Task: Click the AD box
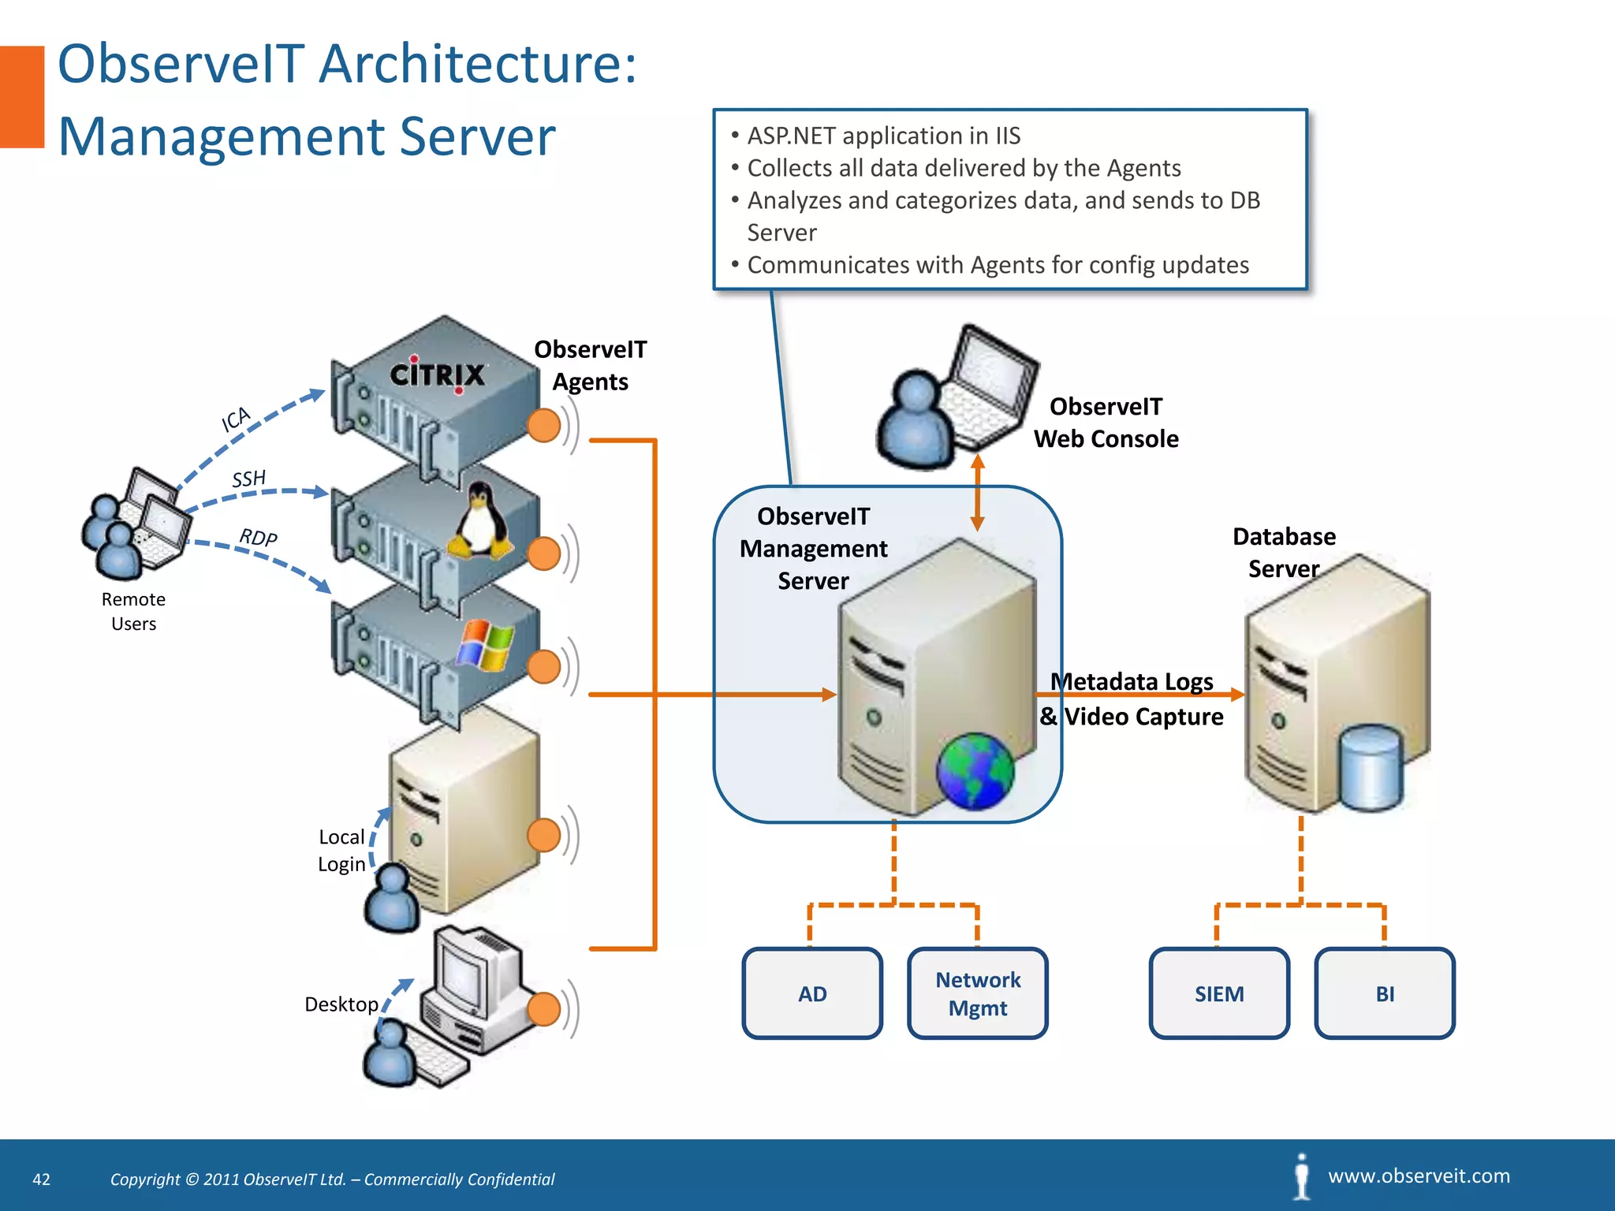pos(812,993)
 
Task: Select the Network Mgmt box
pos(978,993)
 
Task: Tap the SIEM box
pos(1219,993)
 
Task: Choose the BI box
pos(1385,993)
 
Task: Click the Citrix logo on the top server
pos(438,374)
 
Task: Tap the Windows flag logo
pos(485,645)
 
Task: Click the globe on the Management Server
pos(975,771)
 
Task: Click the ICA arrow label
pos(235,419)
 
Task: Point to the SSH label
pos(248,479)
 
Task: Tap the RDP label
pos(258,538)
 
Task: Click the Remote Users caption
pos(133,611)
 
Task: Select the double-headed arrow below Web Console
pos(977,493)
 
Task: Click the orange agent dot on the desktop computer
pos(543,1009)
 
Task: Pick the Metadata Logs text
pos(1132,681)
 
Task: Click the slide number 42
pos(41,1179)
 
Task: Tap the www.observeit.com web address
pos(1419,1176)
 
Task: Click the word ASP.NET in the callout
pos(792,136)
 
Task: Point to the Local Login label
pos(341,850)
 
